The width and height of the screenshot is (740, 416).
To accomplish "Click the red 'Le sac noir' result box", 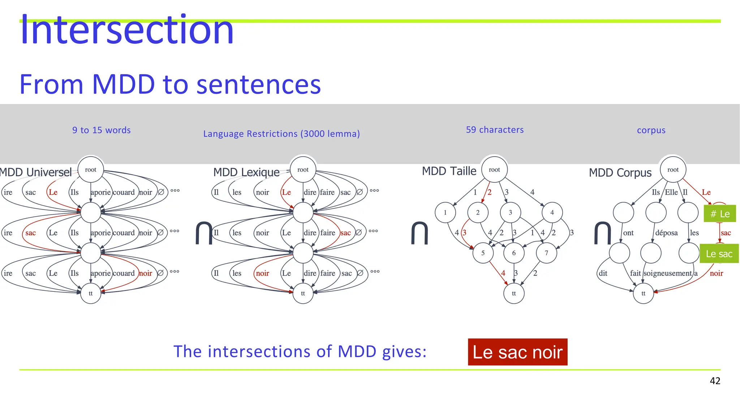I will (x=517, y=352).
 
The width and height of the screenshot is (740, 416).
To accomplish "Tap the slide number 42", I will (x=715, y=381).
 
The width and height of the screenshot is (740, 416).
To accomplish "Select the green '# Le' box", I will (x=719, y=214).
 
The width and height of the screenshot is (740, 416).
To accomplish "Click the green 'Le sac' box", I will (x=719, y=254).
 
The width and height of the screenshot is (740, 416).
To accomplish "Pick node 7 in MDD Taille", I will (x=546, y=253).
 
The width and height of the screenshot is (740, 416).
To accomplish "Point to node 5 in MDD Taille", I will (x=483, y=253).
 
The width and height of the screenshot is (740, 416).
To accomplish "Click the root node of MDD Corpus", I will (x=672, y=170).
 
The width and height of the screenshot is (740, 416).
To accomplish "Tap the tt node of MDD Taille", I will (x=513, y=293).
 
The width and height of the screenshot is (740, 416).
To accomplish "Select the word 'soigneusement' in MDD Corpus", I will (x=667, y=273).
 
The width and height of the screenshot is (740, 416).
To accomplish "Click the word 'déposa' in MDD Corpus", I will (x=666, y=233).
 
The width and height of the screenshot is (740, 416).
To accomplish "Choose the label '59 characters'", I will (x=494, y=130).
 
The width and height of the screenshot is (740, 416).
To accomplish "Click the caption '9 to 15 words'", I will (x=101, y=130).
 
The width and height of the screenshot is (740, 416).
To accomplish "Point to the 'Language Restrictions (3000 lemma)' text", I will (x=281, y=134).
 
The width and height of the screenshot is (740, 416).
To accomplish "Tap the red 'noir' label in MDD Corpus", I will (x=716, y=273).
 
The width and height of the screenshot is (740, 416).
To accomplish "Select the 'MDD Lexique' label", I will (x=246, y=172).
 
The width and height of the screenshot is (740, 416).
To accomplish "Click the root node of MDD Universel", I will (x=90, y=170).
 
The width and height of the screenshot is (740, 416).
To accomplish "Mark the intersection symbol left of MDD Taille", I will (x=419, y=233).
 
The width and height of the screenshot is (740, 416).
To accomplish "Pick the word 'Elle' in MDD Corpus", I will (x=671, y=192).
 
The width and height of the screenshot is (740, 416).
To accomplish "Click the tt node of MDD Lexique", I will (x=303, y=293).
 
